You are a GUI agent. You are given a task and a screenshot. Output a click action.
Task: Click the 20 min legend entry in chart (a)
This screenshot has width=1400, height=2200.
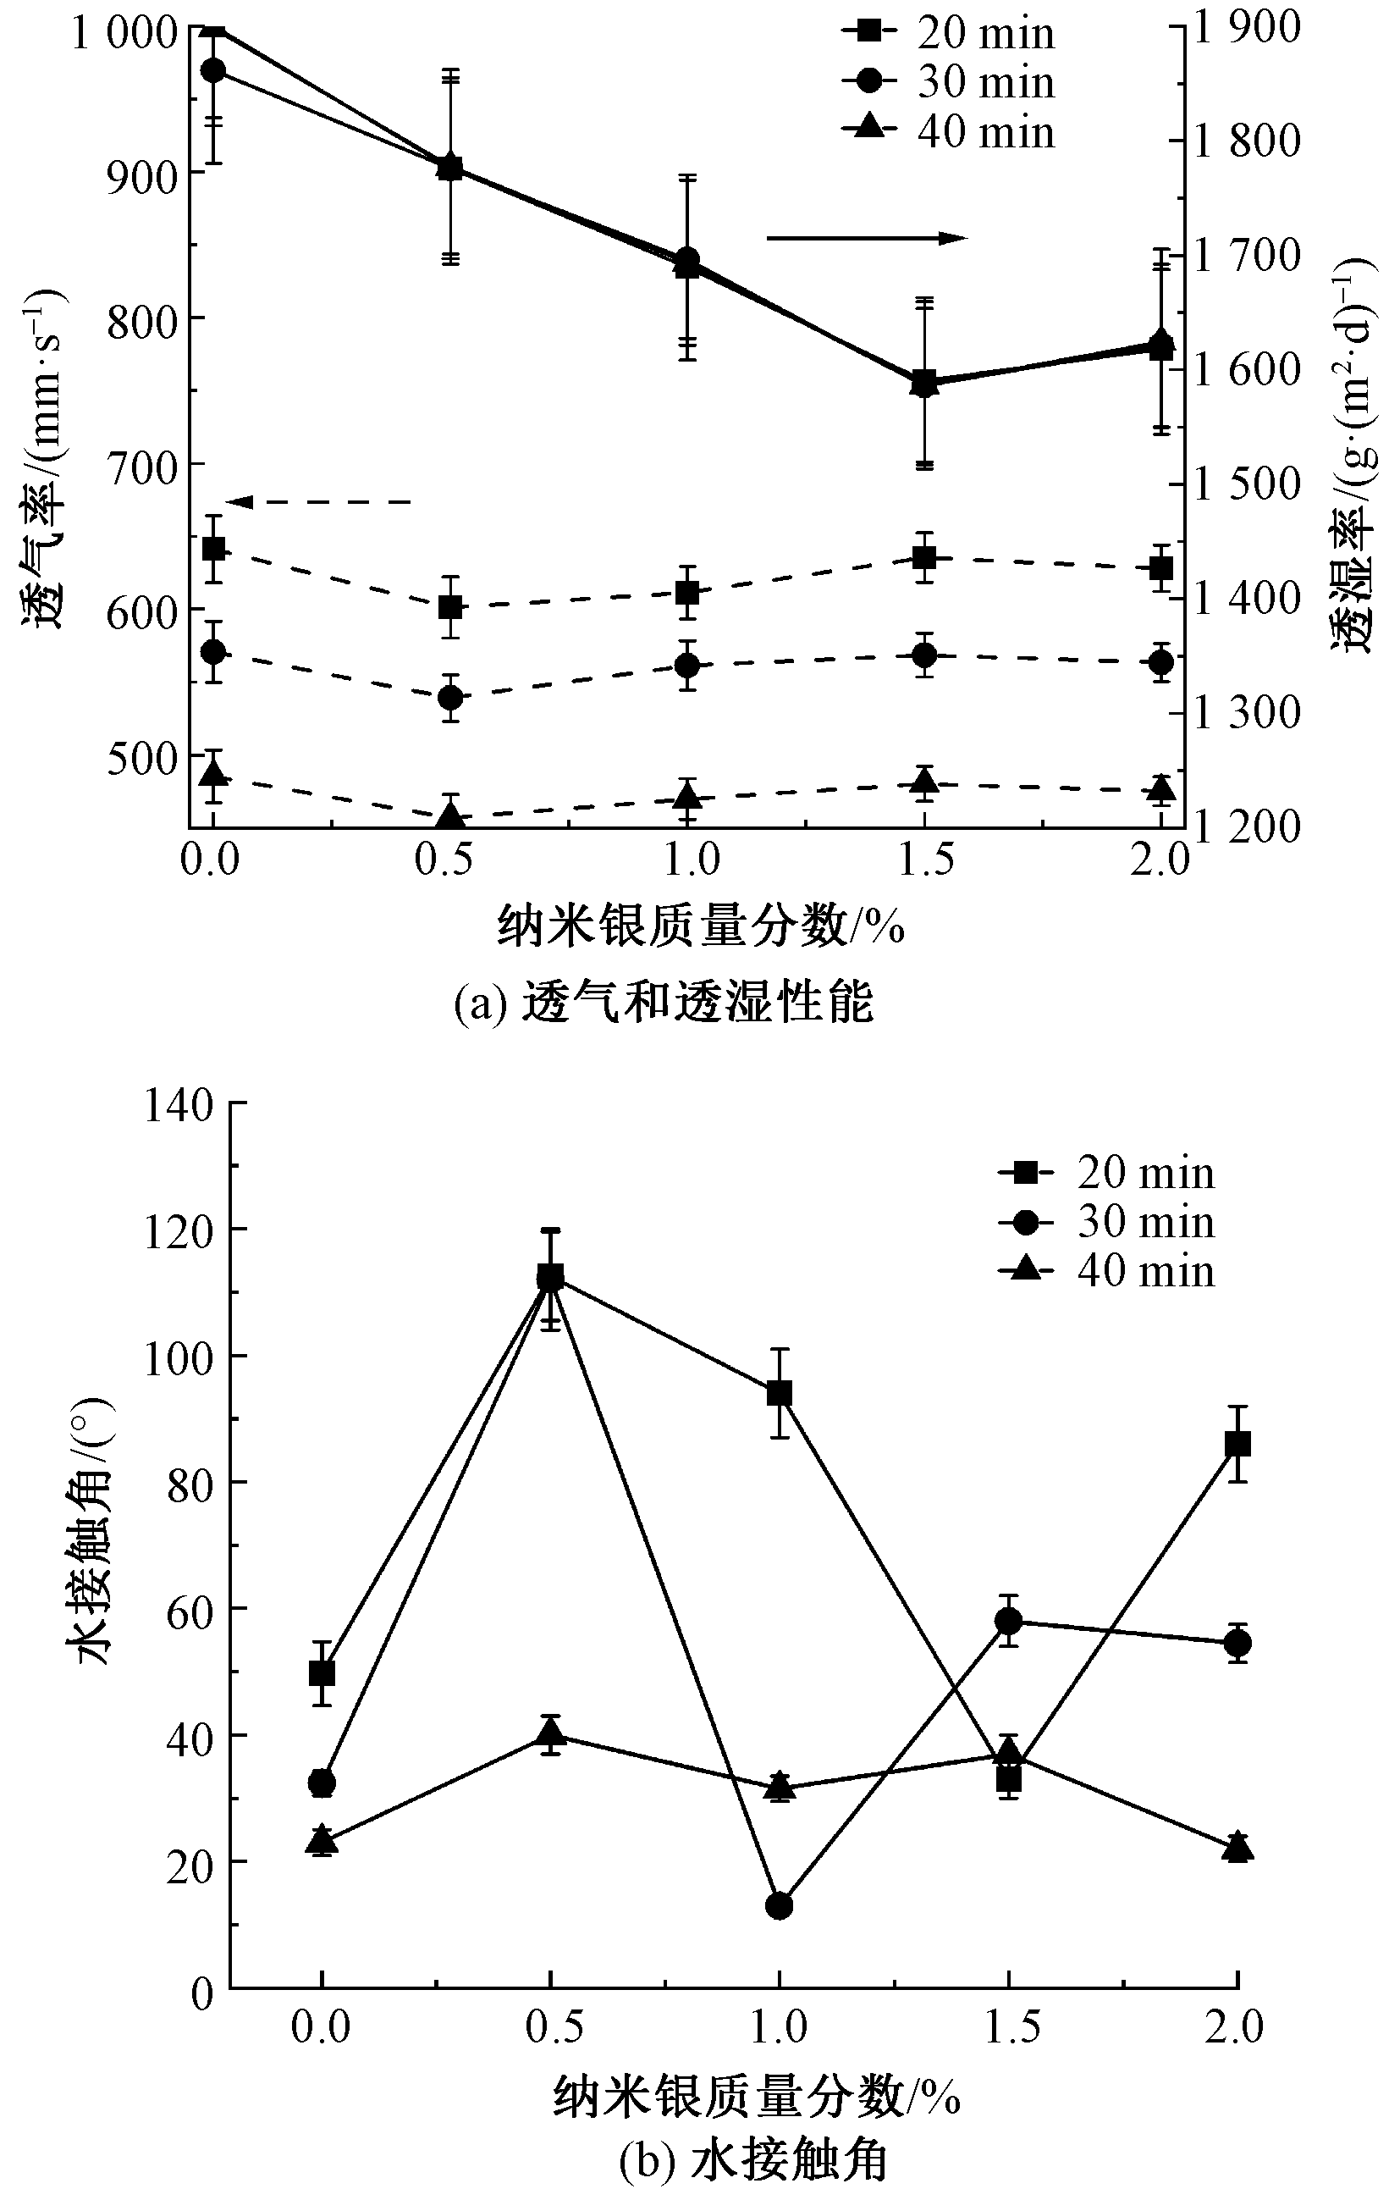(x=950, y=34)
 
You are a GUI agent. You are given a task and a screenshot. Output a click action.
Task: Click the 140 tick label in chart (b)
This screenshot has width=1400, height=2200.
(x=178, y=1105)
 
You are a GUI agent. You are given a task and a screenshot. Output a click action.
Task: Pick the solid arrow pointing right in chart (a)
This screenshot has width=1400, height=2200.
(x=866, y=239)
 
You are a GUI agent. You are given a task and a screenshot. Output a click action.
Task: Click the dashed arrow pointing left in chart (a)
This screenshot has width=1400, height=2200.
(x=319, y=501)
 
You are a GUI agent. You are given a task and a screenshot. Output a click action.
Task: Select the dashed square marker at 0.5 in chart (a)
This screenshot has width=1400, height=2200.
(x=450, y=607)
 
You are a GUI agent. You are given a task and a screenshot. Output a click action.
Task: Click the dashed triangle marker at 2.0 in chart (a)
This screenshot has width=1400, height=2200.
(x=1160, y=788)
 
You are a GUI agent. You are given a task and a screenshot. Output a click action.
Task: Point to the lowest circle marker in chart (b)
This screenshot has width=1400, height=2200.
(x=779, y=1906)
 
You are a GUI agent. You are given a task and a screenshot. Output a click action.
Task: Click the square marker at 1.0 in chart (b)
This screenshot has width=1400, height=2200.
(x=779, y=1393)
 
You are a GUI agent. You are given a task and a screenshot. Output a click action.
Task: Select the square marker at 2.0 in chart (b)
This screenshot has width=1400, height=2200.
(x=1237, y=1445)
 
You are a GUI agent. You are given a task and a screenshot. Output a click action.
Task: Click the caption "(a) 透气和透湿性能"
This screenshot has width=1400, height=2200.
(x=664, y=1003)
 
